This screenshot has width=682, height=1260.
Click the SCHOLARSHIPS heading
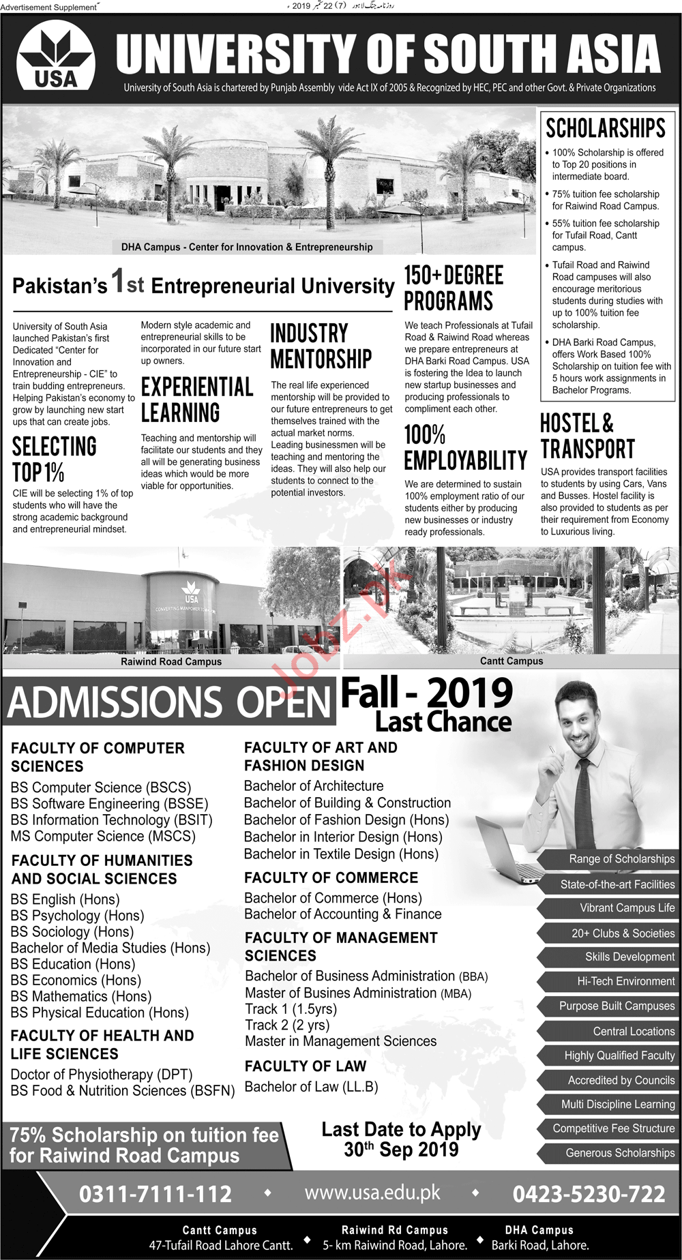click(x=606, y=128)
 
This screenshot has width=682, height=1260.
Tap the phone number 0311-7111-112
click(x=155, y=1194)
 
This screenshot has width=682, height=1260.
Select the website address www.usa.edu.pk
click(x=372, y=1192)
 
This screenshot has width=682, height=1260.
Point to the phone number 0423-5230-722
click(x=589, y=1194)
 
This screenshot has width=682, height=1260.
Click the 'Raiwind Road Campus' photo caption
click(x=171, y=661)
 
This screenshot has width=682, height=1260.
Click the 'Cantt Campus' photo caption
click(x=512, y=661)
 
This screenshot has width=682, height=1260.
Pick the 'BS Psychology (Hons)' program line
click(x=77, y=916)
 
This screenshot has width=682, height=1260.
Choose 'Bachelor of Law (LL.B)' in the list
click(x=311, y=1087)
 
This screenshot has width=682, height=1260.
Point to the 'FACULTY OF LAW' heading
click(x=306, y=1066)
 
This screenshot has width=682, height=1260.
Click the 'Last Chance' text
click(x=443, y=722)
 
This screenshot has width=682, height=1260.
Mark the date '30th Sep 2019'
click(x=401, y=1150)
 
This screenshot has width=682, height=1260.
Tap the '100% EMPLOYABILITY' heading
click(x=465, y=447)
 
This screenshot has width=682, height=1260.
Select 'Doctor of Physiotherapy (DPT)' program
click(x=102, y=1075)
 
